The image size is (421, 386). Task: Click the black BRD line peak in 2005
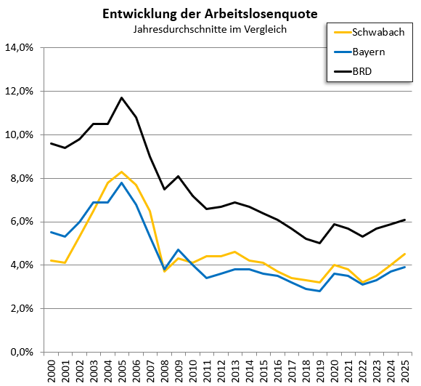(x=122, y=97)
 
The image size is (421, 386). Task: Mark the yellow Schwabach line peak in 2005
(x=122, y=172)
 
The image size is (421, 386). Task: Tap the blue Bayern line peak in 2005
(x=122, y=182)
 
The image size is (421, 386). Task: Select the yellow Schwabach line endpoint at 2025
(x=404, y=254)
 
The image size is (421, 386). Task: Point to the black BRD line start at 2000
(x=52, y=143)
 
